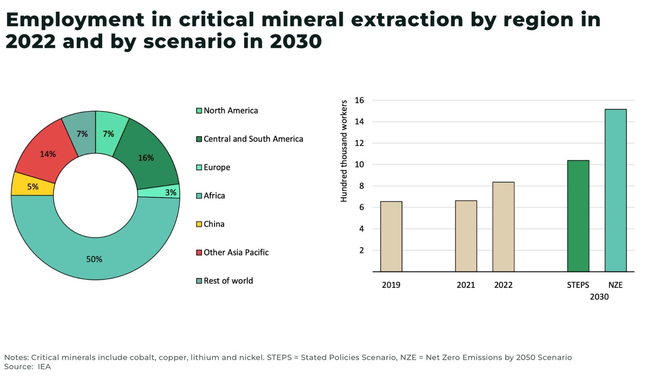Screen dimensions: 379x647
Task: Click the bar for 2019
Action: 391,236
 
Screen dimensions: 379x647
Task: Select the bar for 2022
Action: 503,227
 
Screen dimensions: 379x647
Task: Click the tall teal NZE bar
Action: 615,190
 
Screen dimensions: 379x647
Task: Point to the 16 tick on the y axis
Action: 359,100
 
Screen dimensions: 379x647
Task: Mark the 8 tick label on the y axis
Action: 361,186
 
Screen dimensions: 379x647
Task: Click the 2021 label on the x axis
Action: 465,285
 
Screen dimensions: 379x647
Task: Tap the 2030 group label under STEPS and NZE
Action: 599,297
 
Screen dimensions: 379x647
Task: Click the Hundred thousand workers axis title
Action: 344,151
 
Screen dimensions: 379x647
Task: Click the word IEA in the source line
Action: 44,366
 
